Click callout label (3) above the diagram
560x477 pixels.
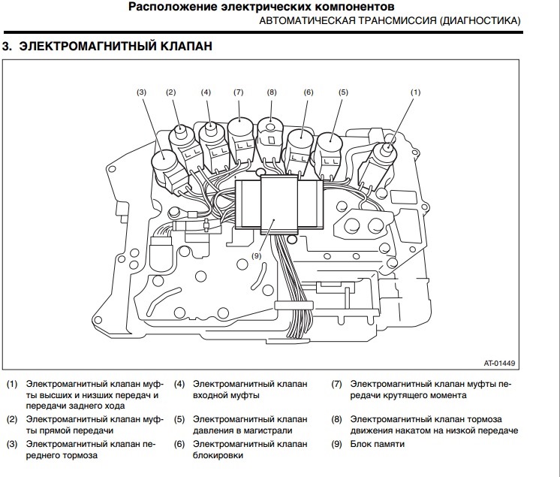pyautogui.click(x=141, y=92)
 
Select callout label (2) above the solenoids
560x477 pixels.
pyautogui.click(x=171, y=92)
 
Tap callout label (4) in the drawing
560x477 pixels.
pyautogui.click(x=206, y=92)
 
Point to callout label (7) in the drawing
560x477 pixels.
pyautogui.click(x=239, y=92)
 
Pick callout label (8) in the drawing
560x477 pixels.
pyautogui.click(x=272, y=92)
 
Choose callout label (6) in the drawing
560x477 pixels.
pyautogui.click(x=308, y=92)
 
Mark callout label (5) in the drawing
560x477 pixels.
pyautogui.click(x=343, y=92)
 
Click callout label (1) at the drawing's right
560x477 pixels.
pyautogui.click(x=416, y=92)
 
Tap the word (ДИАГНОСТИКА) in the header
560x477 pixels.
pyautogui.click(x=472, y=23)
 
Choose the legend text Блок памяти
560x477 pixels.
pyautogui.click(x=378, y=444)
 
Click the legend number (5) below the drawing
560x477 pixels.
pyautogui.click(x=179, y=418)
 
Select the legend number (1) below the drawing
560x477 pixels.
pyautogui.click(x=12, y=384)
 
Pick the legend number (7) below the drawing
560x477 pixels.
pyautogui.click(x=337, y=384)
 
